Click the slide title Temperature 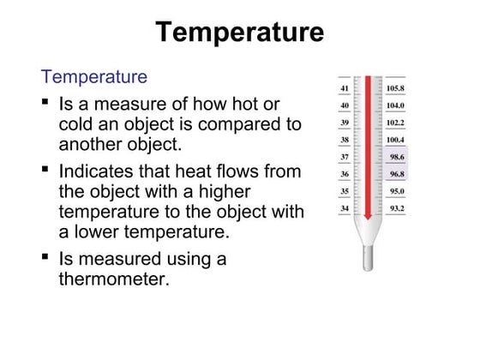[x=240, y=33]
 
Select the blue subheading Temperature [x=94, y=77]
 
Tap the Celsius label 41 [x=344, y=88]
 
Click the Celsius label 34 [x=344, y=208]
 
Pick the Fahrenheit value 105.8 [x=395, y=88]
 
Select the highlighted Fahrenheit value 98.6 [x=396, y=157]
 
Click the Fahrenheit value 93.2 [x=396, y=208]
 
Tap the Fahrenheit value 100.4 [x=395, y=140]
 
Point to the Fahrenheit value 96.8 [x=396, y=174]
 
